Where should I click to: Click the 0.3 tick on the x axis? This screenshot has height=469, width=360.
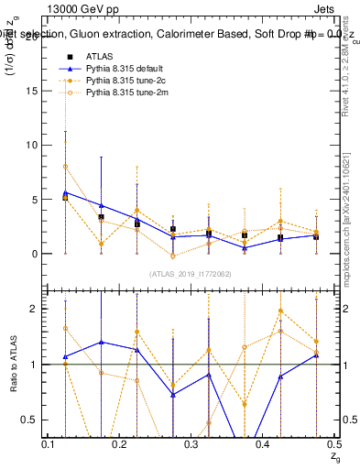[x=191, y=443]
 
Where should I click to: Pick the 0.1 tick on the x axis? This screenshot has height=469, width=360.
[x=49, y=443]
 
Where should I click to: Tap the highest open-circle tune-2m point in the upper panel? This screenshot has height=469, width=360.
[x=65, y=167]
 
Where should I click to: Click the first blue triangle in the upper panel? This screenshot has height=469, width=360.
[x=65, y=192]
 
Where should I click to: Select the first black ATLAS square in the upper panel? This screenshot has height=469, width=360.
[x=65, y=197]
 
